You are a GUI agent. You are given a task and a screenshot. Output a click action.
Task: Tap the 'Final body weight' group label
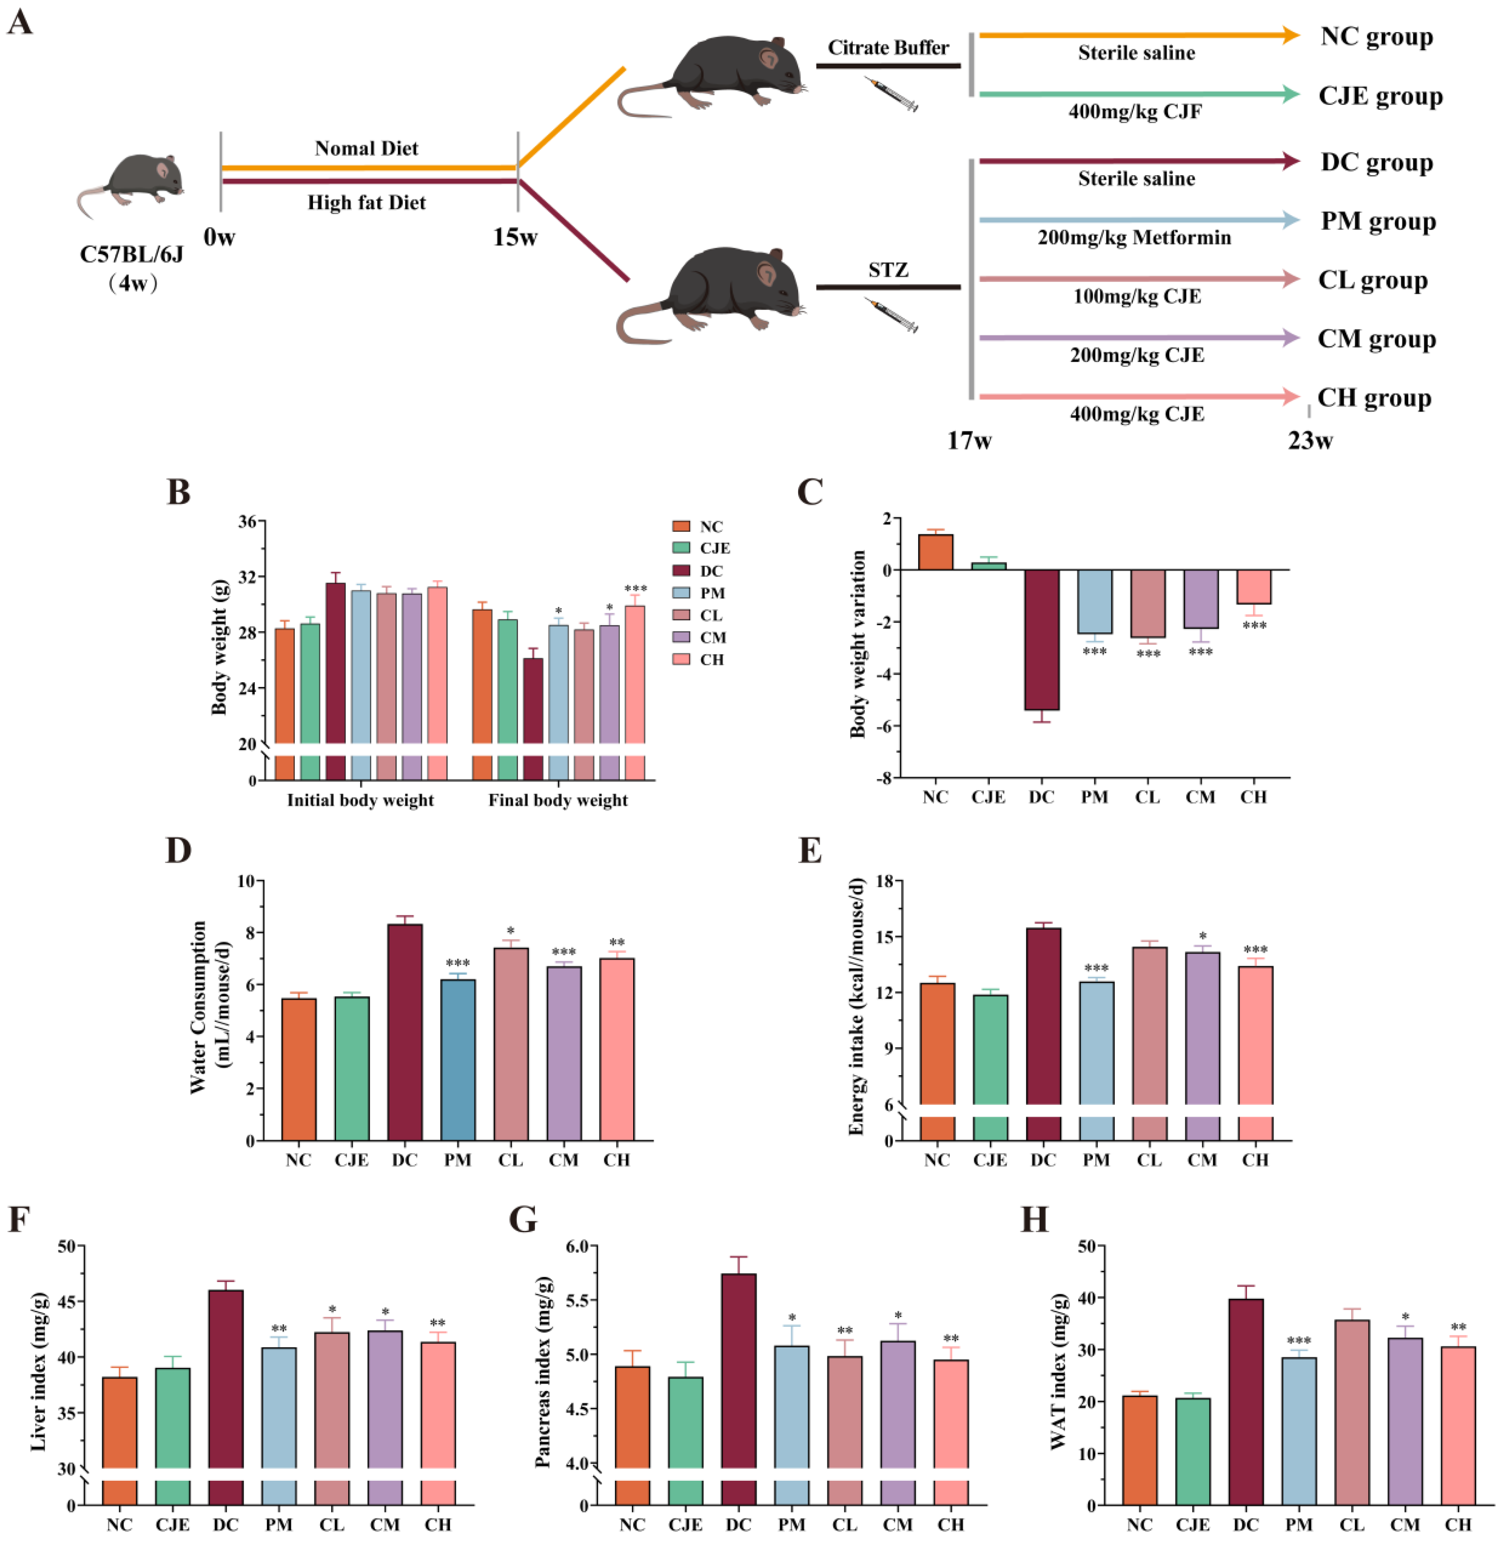(x=558, y=800)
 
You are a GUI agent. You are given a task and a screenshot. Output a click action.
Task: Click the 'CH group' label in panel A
(x=1374, y=398)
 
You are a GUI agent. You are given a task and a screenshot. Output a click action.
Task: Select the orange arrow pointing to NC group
(x=1139, y=35)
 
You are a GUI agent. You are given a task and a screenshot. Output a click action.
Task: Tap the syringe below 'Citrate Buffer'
(x=892, y=94)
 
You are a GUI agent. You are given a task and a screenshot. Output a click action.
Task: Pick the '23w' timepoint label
(x=1310, y=441)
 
